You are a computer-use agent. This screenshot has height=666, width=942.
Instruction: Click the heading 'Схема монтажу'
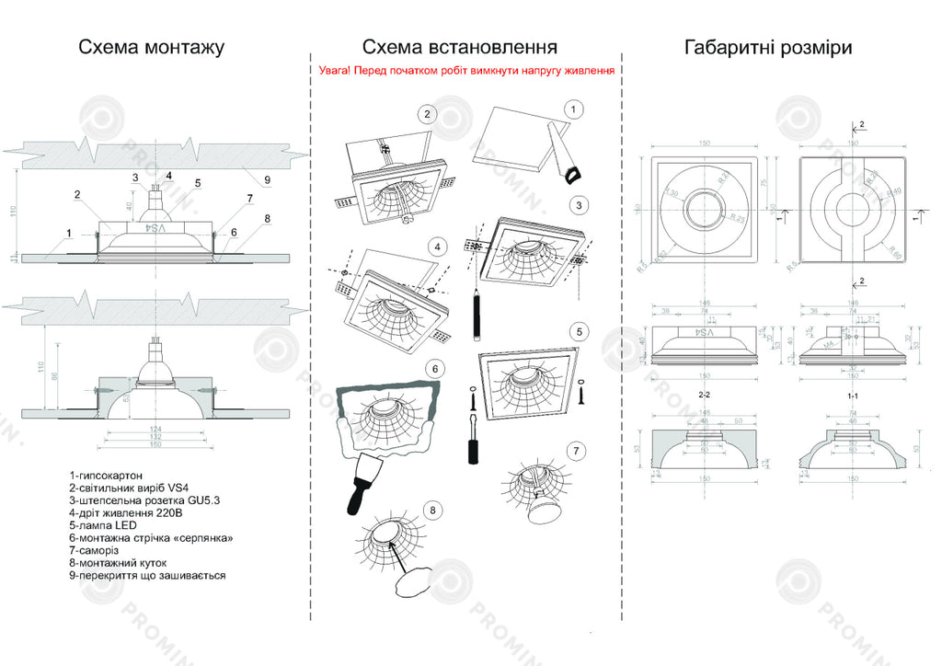[151, 48]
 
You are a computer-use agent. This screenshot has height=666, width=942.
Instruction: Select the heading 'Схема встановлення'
[459, 48]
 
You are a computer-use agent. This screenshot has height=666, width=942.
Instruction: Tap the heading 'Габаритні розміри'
[767, 48]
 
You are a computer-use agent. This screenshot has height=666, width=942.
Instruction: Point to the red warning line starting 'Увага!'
[466, 70]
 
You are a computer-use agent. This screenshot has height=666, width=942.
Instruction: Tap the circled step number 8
[433, 508]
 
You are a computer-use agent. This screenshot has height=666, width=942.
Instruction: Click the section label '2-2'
[704, 396]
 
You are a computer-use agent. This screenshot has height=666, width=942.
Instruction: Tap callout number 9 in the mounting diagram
[268, 179]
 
